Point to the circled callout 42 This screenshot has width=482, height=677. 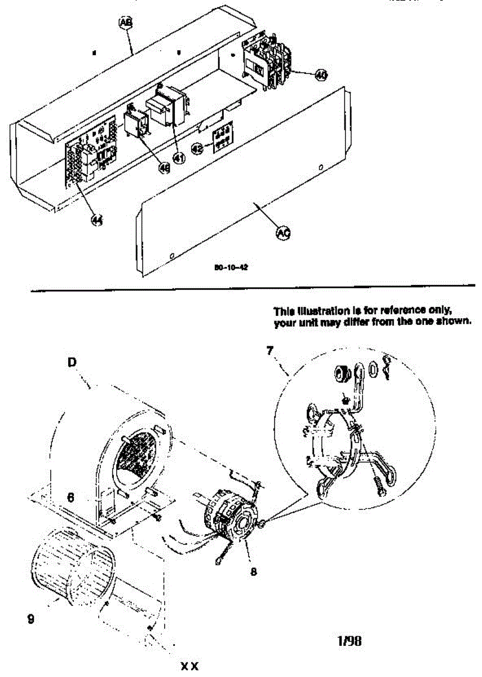[x=197, y=149]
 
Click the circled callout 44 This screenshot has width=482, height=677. [x=98, y=221]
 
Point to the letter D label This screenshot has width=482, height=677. [x=72, y=363]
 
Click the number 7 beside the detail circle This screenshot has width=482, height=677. [x=269, y=350]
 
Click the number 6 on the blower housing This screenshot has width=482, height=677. [x=71, y=498]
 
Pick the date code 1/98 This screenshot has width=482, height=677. [x=349, y=640]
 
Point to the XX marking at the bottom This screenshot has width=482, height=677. [x=190, y=666]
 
